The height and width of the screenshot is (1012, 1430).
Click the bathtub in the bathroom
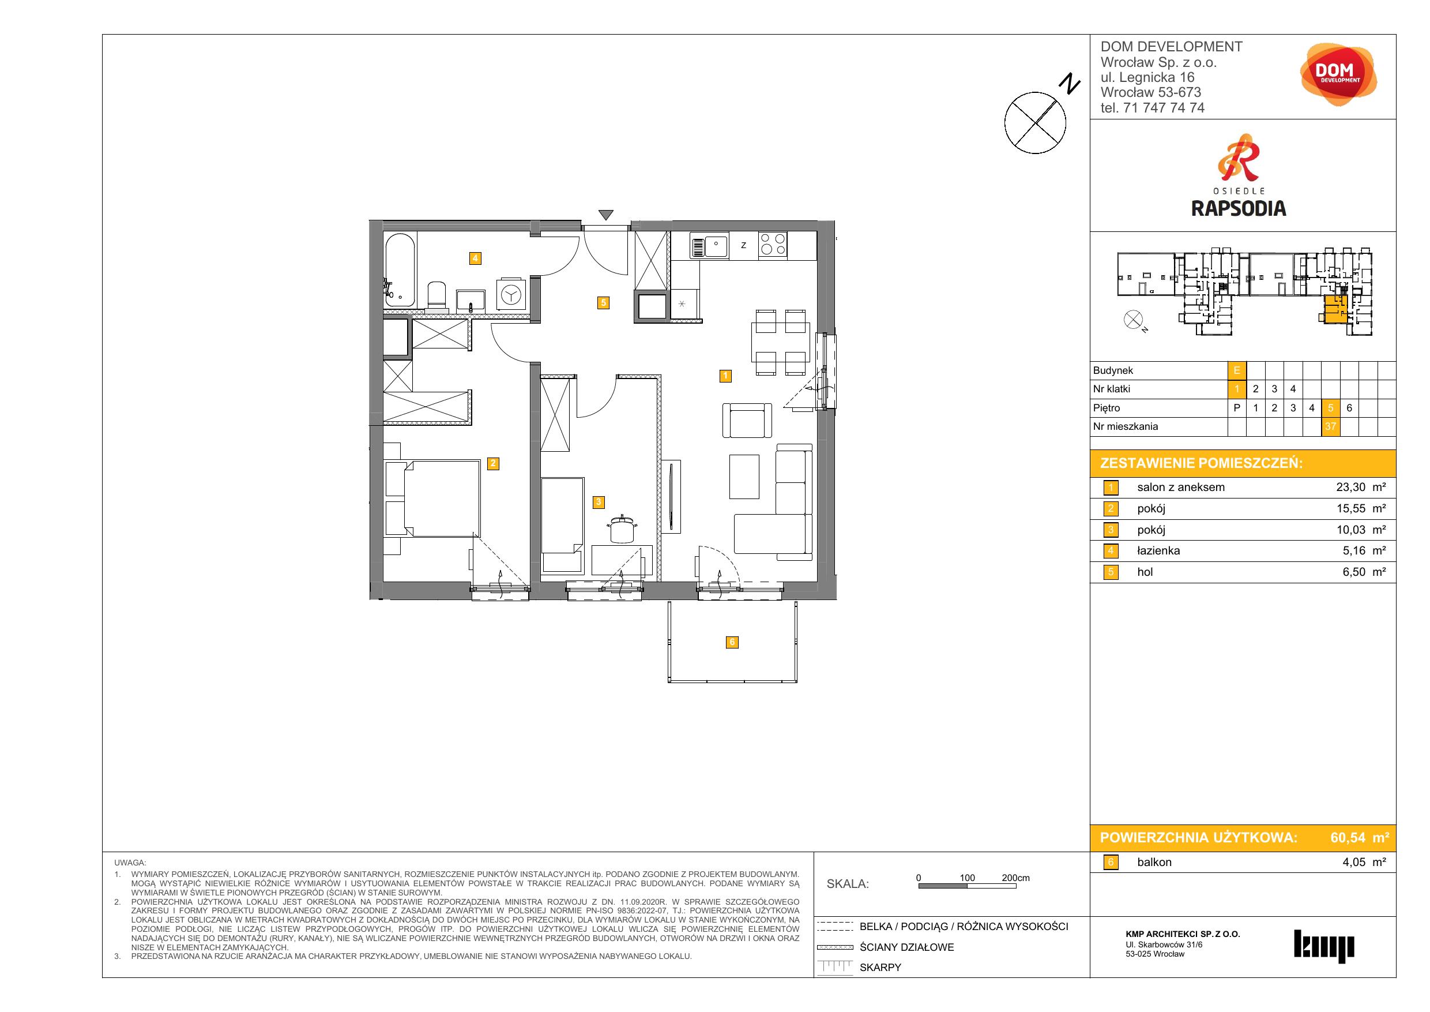click(x=400, y=270)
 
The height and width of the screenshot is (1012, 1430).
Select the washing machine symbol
click(x=511, y=295)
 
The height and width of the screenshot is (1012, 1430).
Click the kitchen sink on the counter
click(x=709, y=246)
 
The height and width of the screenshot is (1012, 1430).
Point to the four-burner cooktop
click(x=773, y=245)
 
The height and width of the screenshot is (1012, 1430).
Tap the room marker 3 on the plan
click(x=599, y=501)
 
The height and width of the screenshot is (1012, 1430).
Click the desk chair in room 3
click(x=621, y=529)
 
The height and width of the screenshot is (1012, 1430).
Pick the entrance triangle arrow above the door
click(x=605, y=215)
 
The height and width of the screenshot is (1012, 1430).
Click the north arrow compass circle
click(x=1035, y=123)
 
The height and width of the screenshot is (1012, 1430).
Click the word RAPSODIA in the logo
click(x=1238, y=208)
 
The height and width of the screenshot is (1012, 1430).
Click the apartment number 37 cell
click(x=1330, y=427)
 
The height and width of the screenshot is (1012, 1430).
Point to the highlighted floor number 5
click(x=1330, y=408)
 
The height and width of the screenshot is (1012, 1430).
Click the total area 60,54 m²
click(x=1360, y=838)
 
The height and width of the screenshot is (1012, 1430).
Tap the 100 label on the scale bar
click(x=967, y=878)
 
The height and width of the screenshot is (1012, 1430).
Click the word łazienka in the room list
click(x=1158, y=551)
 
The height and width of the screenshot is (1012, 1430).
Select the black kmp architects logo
click(x=1323, y=947)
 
